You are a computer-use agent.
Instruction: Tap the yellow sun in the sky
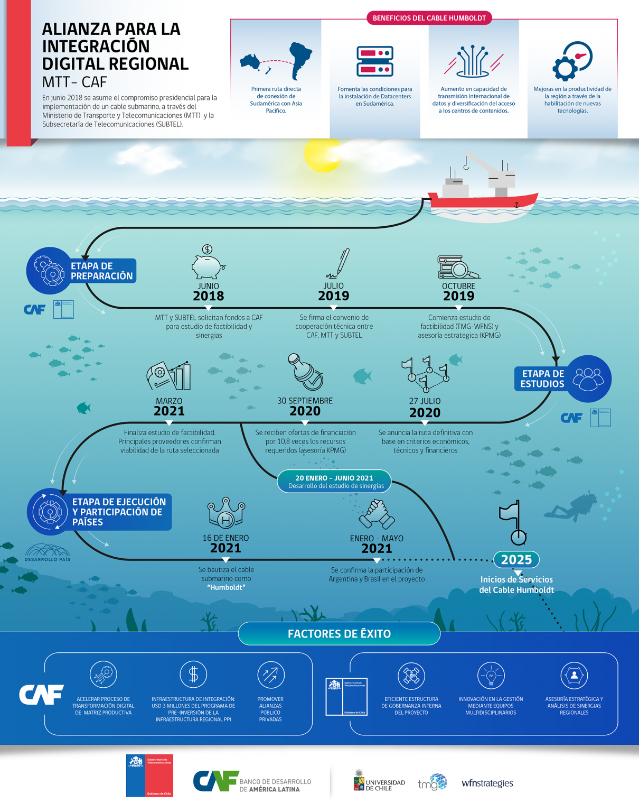tap(323, 153)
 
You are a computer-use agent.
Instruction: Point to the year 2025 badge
tap(516, 559)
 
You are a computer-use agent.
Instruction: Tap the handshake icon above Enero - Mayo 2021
tap(376, 514)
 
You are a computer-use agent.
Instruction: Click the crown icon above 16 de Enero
tap(226, 513)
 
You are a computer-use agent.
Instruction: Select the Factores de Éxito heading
tap(339, 634)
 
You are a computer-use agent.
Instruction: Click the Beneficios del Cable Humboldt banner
tap(429, 18)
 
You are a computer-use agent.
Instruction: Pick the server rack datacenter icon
tap(375, 62)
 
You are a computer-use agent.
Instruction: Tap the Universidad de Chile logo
tap(379, 781)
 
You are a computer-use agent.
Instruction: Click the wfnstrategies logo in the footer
tap(487, 783)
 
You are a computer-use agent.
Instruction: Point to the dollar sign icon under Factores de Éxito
tap(193, 675)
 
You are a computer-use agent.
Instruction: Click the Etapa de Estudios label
tap(542, 379)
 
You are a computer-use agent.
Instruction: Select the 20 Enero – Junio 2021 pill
tap(334, 481)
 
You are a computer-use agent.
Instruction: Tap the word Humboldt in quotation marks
tap(226, 587)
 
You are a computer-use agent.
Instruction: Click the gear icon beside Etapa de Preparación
tap(50, 271)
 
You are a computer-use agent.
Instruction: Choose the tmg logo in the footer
tap(432, 782)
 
